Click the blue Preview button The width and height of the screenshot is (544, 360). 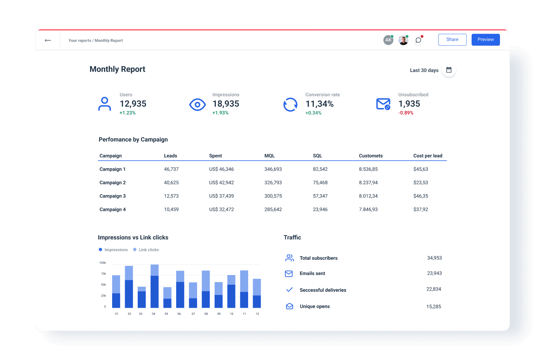485,39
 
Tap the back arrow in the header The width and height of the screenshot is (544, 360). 48,41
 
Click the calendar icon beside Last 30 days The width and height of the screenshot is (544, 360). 449,70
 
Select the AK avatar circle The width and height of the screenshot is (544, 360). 388,40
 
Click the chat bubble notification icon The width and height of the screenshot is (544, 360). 418,40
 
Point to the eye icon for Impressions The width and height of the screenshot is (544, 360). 198,104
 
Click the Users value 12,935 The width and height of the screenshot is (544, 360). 133,104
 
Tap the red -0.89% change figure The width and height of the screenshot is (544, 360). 405,113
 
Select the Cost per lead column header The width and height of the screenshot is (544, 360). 428,156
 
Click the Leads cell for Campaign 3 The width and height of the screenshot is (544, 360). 171,196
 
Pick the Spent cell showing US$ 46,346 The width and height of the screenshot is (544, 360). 221,169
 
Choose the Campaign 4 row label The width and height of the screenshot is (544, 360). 113,209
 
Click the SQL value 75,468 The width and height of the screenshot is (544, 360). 320,183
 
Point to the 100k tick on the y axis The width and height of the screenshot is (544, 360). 103,263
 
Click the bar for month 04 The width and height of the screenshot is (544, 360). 154,287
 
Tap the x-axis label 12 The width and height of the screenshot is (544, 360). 257,314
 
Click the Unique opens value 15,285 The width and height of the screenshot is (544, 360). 434,306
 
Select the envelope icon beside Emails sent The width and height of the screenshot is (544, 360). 289,274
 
